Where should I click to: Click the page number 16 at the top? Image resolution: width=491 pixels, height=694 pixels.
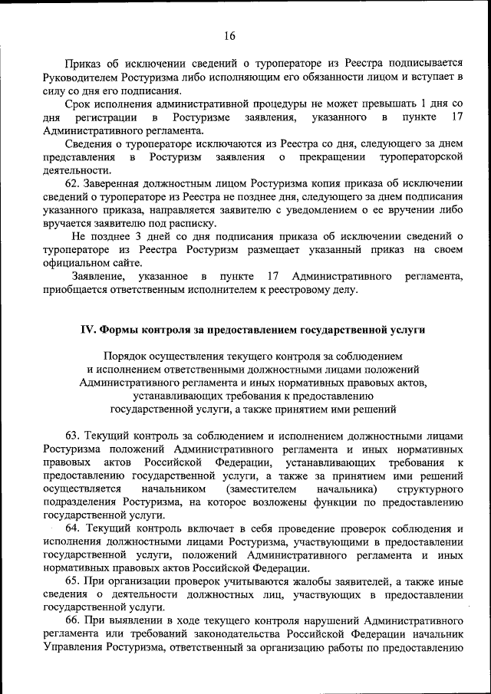230,35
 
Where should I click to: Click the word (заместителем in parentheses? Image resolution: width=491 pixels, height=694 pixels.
260,488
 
